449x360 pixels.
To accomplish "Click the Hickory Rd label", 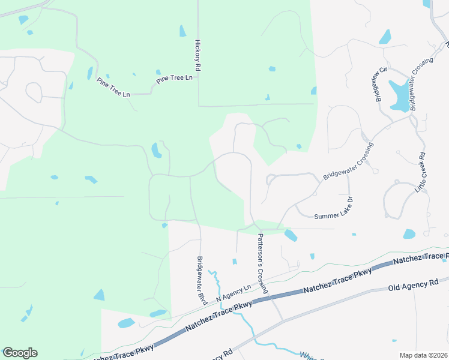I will (197, 57).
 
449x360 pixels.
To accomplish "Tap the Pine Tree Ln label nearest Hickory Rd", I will (174, 79).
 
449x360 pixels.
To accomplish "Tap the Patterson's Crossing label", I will (262, 263).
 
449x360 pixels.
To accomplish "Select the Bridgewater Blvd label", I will (201, 280).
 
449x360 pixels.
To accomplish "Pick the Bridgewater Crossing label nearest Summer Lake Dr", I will (348, 162).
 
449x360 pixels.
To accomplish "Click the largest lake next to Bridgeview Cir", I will (399, 95).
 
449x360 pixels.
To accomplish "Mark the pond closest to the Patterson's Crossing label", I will (291, 235).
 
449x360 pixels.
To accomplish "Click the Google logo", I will (20, 353).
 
